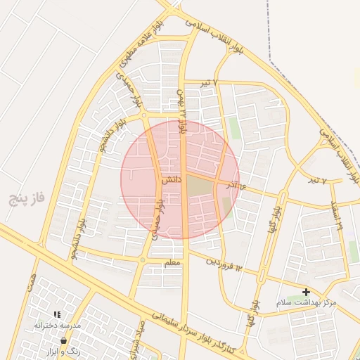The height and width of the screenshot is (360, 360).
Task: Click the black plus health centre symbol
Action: [x=306, y=291]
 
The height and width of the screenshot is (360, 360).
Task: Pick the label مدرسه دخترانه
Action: [x=58, y=326]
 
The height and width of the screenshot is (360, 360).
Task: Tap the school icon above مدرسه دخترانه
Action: [x=57, y=314]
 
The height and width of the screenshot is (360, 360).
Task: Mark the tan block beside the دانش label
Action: [x=199, y=186]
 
